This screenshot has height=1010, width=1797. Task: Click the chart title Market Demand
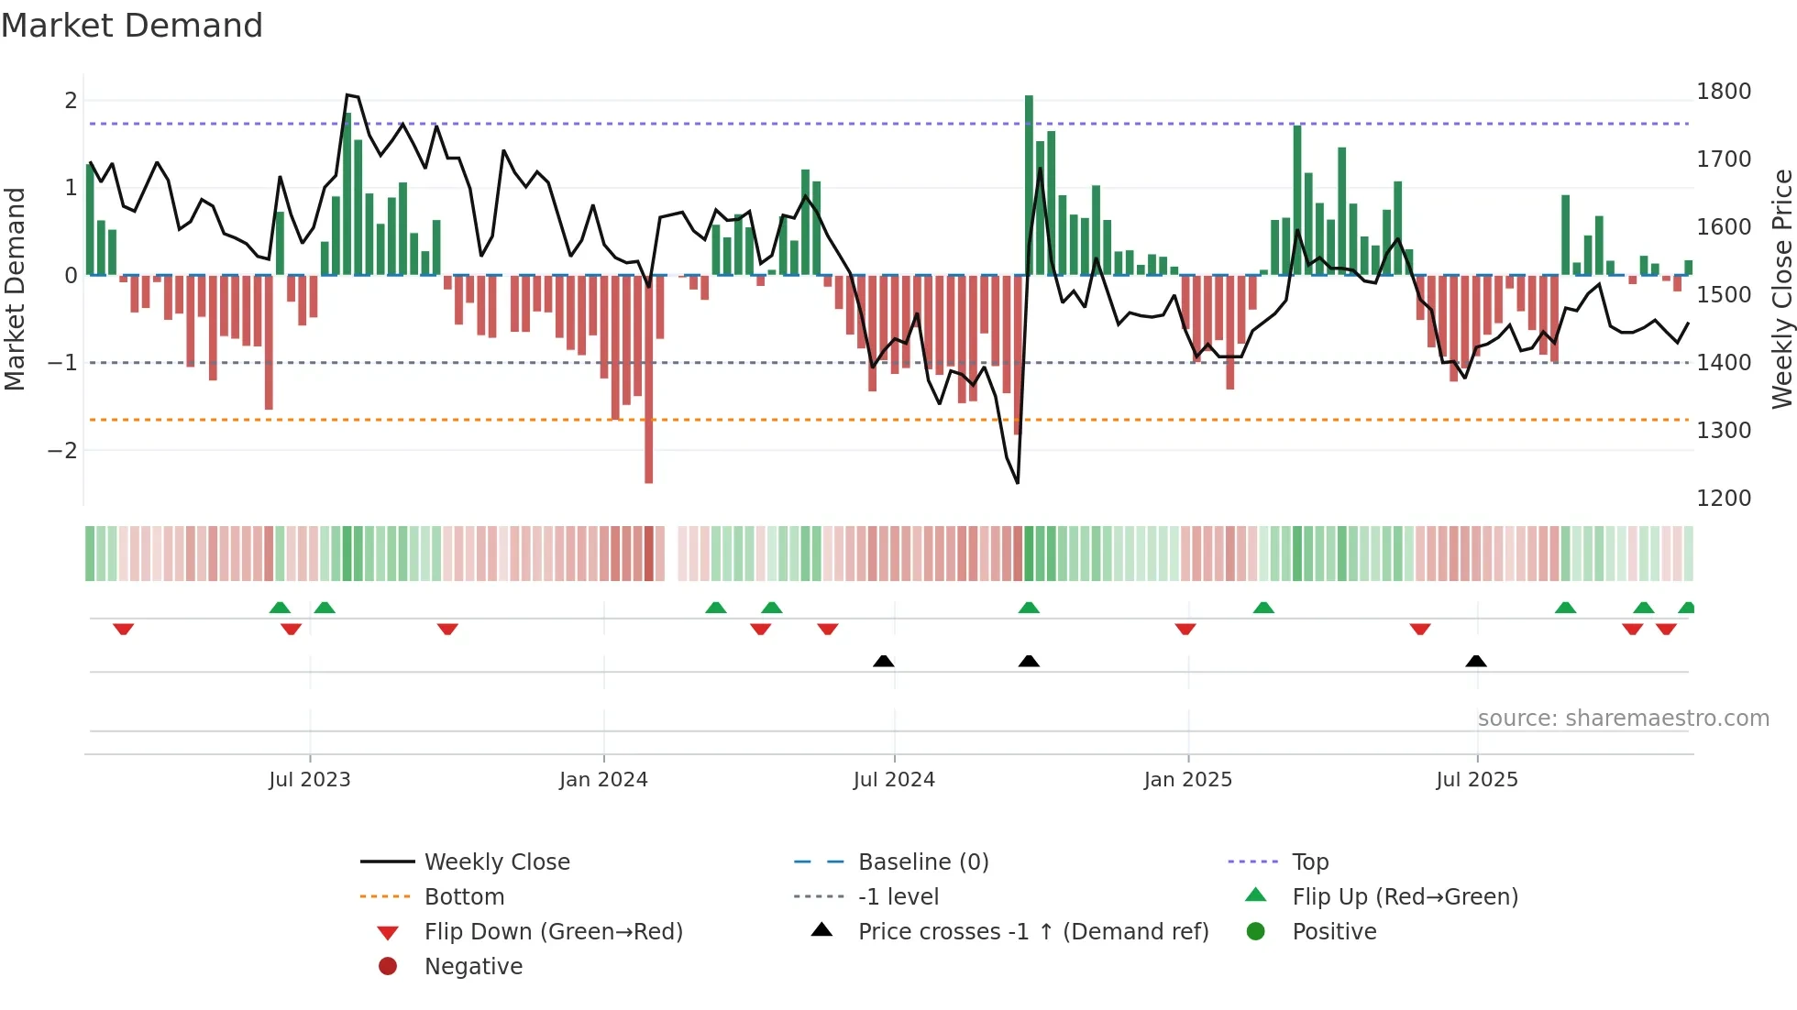click(x=132, y=25)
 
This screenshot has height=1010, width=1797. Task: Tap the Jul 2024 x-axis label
click(x=894, y=779)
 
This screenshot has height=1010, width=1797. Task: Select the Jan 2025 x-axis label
click(x=1187, y=779)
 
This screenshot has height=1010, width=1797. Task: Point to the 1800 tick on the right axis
click(x=1724, y=92)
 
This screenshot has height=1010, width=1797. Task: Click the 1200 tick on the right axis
click(x=1724, y=499)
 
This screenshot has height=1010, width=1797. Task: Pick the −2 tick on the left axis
click(x=62, y=450)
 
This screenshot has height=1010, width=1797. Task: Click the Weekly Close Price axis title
click(x=1781, y=289)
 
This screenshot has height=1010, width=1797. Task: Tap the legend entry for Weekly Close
click(x=496, y=862)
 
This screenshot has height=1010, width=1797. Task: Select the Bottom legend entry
click(x=464, y=896)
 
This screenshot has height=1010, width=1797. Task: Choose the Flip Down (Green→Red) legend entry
click(x=553, y=931)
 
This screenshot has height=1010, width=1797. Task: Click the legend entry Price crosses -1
click(x=1033, y=931)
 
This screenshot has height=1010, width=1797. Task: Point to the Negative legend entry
click(x=473, y=966)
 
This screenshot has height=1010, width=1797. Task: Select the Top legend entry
click(x=1310, y=862)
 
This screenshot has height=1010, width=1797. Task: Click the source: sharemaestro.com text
click(x=1623, y=718)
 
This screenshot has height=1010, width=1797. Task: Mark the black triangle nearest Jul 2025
click(x=1476, y=661)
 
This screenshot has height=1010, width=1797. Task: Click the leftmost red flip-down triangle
click(x=123, y=629)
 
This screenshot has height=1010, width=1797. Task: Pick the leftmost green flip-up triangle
click(x=280, y=608)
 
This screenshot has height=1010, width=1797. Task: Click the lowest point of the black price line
click(x=1018, y=482)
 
